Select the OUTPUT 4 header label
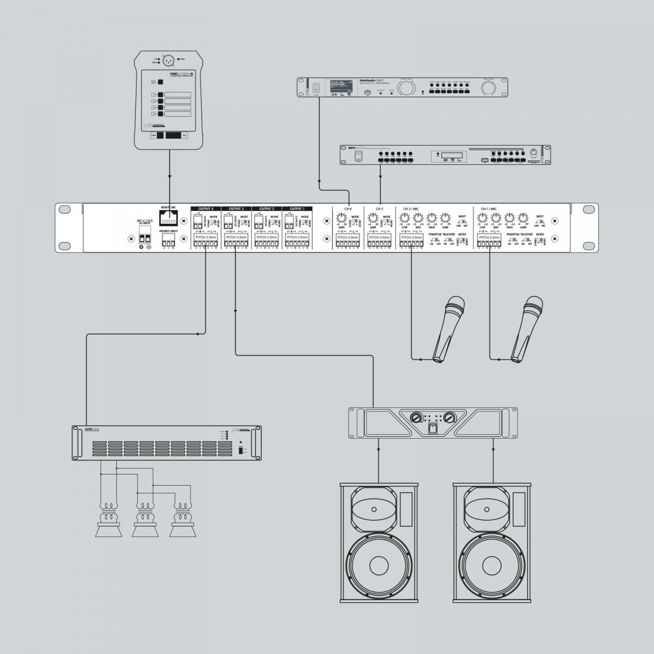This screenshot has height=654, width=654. (205, 209)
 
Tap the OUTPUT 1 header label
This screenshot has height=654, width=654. (297, 209)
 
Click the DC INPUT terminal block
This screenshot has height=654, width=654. (145, 238)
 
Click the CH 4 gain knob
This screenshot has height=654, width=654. (342, 219)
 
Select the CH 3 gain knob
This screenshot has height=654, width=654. (373, 219)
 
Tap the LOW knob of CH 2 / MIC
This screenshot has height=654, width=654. (404, 218)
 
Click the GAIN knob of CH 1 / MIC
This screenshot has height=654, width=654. (523, 218)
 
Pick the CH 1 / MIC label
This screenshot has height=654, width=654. (489, 209)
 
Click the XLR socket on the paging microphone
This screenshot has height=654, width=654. (169, 58)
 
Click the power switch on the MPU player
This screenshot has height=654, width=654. (358, 156)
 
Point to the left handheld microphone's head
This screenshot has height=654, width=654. (455, 305)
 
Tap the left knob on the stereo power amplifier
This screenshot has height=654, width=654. (416, 417)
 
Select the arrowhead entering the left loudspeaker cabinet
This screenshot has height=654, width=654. (379, 480)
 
